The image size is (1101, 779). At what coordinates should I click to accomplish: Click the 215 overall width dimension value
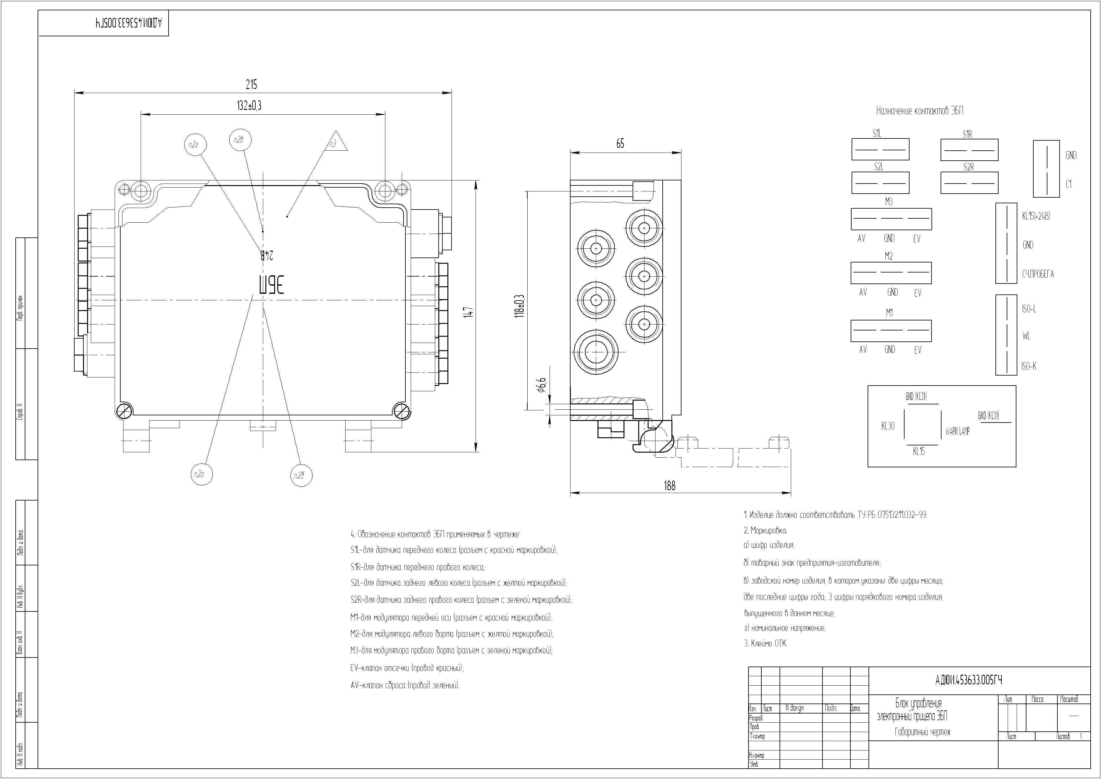click(x=251, y=85)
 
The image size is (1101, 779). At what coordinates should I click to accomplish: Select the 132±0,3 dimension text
click(x=249, y=106)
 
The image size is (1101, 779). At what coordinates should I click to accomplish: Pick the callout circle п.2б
click(x=301, y=475)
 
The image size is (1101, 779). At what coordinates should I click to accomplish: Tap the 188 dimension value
click(x=669, y=486)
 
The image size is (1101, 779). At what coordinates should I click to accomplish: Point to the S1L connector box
click(x=880, y=150)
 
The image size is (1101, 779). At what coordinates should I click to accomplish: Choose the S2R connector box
click(x=969, y=183)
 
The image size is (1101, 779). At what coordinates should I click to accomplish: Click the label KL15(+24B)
click(x=1036, y=216)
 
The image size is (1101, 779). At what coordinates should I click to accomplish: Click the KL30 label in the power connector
click(x=888, y=426)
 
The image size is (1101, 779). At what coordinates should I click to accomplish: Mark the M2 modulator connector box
click(x=891, y=273)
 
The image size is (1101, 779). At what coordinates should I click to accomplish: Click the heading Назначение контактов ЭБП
click(x=919, y=111)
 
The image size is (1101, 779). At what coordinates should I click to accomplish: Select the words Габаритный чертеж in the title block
click(x=922, y=732)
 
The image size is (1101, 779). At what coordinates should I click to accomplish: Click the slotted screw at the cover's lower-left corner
click(x=123, y=411)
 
